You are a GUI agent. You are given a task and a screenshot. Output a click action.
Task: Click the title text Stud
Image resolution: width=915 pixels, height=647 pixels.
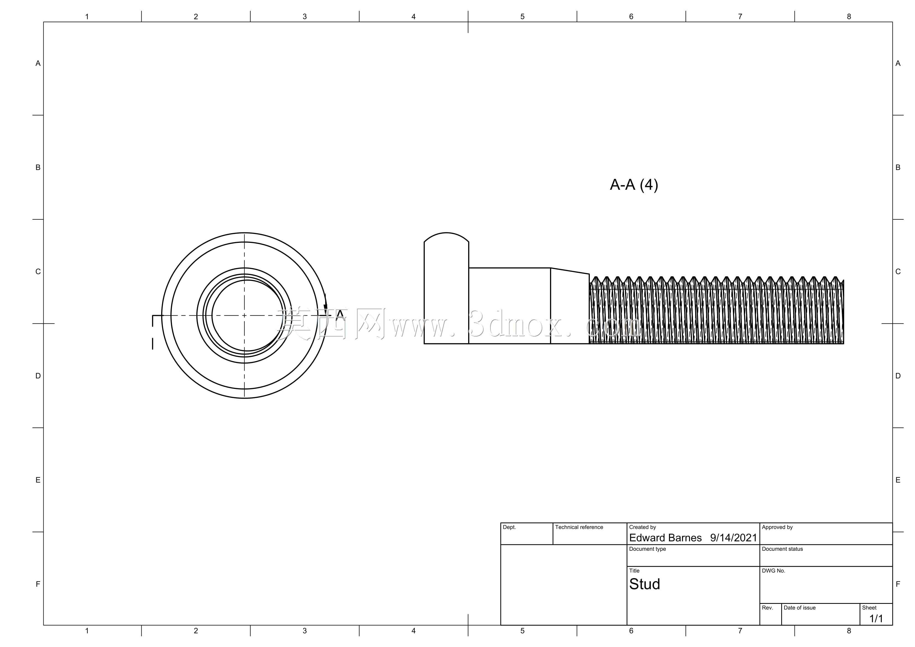tap(644, 584)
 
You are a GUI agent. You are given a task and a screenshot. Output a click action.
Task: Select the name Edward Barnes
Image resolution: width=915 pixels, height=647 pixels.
tap(665, 538)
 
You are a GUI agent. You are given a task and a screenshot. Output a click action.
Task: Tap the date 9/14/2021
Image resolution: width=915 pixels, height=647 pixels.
tap(733, 538)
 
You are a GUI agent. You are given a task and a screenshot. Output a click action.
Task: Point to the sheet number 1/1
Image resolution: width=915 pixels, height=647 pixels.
tap(876, 619)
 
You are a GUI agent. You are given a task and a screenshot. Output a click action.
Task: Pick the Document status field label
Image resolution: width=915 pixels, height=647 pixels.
tap(782, 549)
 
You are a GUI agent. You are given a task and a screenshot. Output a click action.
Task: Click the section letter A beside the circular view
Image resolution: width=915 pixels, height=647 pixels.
tap(340, 315)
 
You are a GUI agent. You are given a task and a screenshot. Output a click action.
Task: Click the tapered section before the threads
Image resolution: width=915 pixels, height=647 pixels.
tap(570, 306)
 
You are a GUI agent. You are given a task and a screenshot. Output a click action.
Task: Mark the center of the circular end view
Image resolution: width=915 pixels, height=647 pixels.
tap(244, 315)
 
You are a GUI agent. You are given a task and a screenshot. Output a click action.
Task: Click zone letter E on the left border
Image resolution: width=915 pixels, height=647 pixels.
tap(38, 480)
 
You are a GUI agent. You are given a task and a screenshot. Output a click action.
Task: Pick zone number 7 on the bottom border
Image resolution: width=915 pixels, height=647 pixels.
tap(740, 631)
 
